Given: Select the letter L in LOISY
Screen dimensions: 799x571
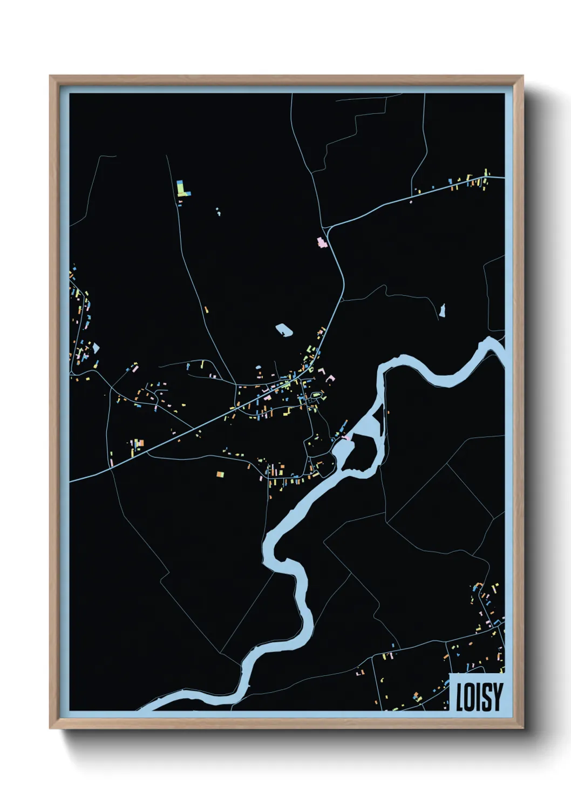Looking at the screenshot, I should (460, 697).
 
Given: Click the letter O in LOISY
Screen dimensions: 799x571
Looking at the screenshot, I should (469, 697).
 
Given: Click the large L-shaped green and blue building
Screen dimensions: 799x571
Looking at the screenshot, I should (183, 188).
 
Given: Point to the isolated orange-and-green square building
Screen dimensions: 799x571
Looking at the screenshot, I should (220, 475).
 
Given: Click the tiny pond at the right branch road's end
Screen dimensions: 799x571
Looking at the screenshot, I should (443, 310).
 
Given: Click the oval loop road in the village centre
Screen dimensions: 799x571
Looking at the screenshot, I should (316, 396).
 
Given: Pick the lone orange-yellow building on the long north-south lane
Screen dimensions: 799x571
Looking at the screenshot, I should (206, 310).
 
